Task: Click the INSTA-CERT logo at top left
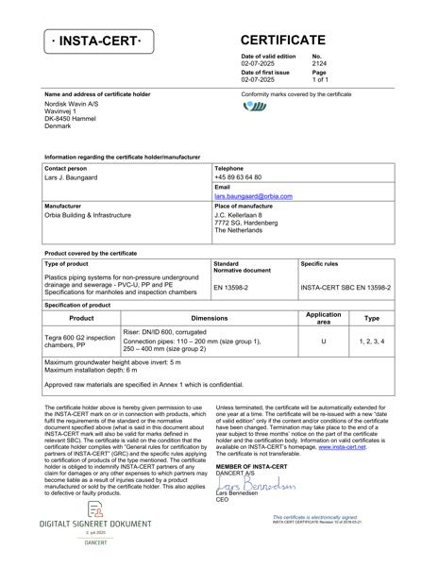point(96,43)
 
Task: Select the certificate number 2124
point(319,64)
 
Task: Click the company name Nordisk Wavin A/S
point(69,104)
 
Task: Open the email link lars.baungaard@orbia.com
point(253,195)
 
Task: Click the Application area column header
point(324,318)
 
